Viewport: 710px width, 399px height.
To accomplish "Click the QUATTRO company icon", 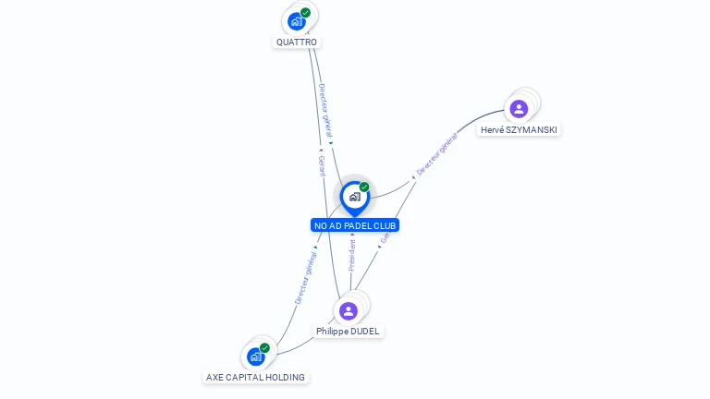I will click(x=296, y=20).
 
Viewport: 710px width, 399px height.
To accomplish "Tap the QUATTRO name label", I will click(x=297, y=42).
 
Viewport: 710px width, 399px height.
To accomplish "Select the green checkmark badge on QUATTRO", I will click(x=305, y=12).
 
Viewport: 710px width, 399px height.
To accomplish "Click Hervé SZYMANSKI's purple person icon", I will click(x=519, y=109).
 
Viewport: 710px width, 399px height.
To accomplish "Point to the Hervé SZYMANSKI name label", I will click(x=519, y=130).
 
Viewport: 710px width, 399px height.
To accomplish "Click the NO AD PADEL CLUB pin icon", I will click(x=354, y=197).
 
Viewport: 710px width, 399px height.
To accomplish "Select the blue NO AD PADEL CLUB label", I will click(x=355, y=225).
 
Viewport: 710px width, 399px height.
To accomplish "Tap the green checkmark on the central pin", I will click(x=364, y=187).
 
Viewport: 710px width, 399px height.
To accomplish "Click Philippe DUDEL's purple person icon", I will click(x=348, y=310).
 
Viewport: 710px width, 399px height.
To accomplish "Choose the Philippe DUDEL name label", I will click(x=348, y=332).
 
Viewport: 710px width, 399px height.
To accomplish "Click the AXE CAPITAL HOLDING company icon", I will click(x=255, y=356).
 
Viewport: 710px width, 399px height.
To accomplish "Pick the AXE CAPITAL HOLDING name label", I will click(x=255, y=377).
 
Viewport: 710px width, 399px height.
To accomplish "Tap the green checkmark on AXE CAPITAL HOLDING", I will click(x=264, y=347).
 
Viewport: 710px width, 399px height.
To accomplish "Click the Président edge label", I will click(x=351, y=256).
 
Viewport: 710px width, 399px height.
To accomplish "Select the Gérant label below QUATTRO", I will click(x=321, y=165).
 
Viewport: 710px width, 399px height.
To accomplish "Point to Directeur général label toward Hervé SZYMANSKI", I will click(x=436, y=154).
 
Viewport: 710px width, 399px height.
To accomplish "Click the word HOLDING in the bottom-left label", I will click(x=286, y=377).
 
